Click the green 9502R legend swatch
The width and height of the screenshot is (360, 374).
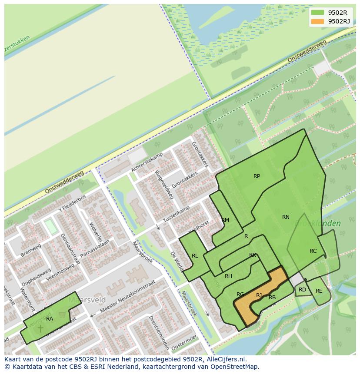point(318,13)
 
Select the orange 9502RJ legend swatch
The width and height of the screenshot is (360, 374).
point(318,21)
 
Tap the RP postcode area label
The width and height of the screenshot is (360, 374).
point(257,176)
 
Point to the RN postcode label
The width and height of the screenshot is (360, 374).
point(286,217)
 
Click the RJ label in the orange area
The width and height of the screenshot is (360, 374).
point(259,295)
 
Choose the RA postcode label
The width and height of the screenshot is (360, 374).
point(50,319)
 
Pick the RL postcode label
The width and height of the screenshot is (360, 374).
point(195,256)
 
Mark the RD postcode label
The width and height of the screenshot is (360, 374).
point(302,290)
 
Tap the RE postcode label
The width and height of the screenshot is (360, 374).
point(319,291)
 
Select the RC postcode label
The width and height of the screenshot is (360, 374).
point(313,251)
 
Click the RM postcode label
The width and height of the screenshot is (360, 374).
point(225,220)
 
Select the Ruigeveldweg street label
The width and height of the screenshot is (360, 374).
point(164,184)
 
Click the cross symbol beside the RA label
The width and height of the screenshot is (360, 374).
point(40,328)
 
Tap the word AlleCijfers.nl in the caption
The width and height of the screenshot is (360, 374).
point(225,359)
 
